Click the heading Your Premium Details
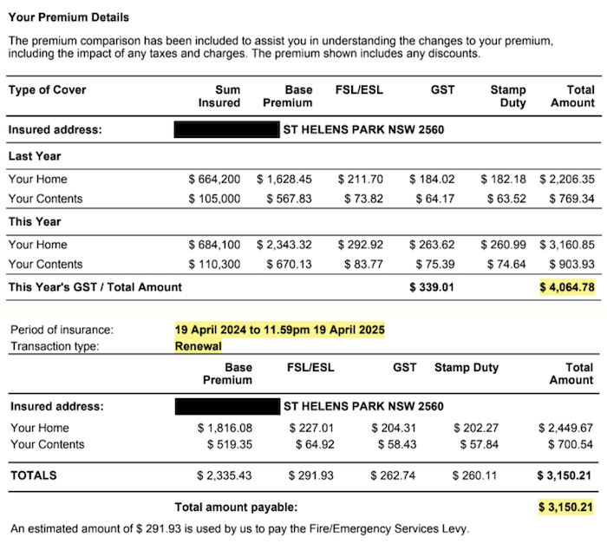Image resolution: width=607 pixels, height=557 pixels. click(x=69, y=17)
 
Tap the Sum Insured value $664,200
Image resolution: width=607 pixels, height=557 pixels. click(x=214, y=180)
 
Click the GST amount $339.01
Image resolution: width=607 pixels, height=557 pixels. click(x=432, y=287)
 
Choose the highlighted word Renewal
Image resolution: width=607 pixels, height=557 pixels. click(x=198, y=345)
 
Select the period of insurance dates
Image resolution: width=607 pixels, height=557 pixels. click(x=279, y=330)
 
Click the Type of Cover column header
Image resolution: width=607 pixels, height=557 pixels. click(x=48, y=89)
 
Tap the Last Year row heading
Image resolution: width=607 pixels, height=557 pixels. click(x=35, y=156)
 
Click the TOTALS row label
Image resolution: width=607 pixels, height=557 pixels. click(x=34, y=475)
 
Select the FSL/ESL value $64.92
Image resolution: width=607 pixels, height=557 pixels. click(x=312, y=444)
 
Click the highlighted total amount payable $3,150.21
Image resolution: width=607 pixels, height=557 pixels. click(x=567, y=507)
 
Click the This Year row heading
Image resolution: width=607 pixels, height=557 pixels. click(x=34, y=222)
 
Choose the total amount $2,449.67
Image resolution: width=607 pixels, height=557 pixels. click(x=565, y=428)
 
